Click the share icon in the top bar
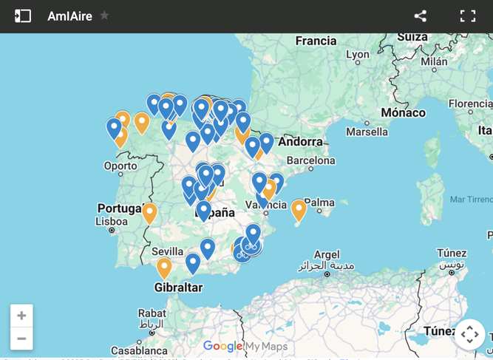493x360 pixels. pos(421,16)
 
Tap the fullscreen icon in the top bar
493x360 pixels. pos(468,16)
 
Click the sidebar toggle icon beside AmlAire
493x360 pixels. pos(23,16)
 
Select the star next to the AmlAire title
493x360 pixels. pos(105,15)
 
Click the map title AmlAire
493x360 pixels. pos(69,16)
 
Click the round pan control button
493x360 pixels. pos(469,334)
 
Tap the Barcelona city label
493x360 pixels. pos(310,160)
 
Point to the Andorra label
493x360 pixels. pos(301,141)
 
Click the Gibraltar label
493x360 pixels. pos(178,287)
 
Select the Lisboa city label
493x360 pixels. pos(112,221)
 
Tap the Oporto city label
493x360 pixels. pos(120,166)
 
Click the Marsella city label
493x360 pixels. pos(367,132)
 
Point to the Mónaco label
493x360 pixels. pos(403,112)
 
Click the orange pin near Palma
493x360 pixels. pos(299,210)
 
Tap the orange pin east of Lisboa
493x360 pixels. pos(149,213)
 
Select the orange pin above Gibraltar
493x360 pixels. pos(164,267)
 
